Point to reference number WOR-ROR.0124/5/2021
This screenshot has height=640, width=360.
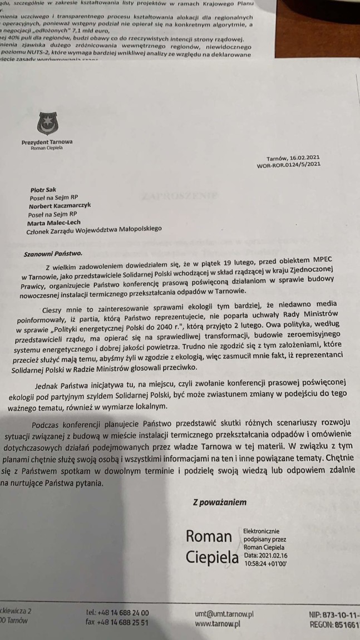coord(288,165)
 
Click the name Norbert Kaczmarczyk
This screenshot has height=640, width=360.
coord(60,205)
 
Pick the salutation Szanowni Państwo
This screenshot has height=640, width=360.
coord(53,254)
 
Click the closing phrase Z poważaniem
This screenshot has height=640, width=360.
coord(219,502)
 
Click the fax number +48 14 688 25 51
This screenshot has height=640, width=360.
coord(117,623)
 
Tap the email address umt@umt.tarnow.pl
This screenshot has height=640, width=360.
coord(221,614)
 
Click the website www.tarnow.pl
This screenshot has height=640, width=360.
coord(218,624)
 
